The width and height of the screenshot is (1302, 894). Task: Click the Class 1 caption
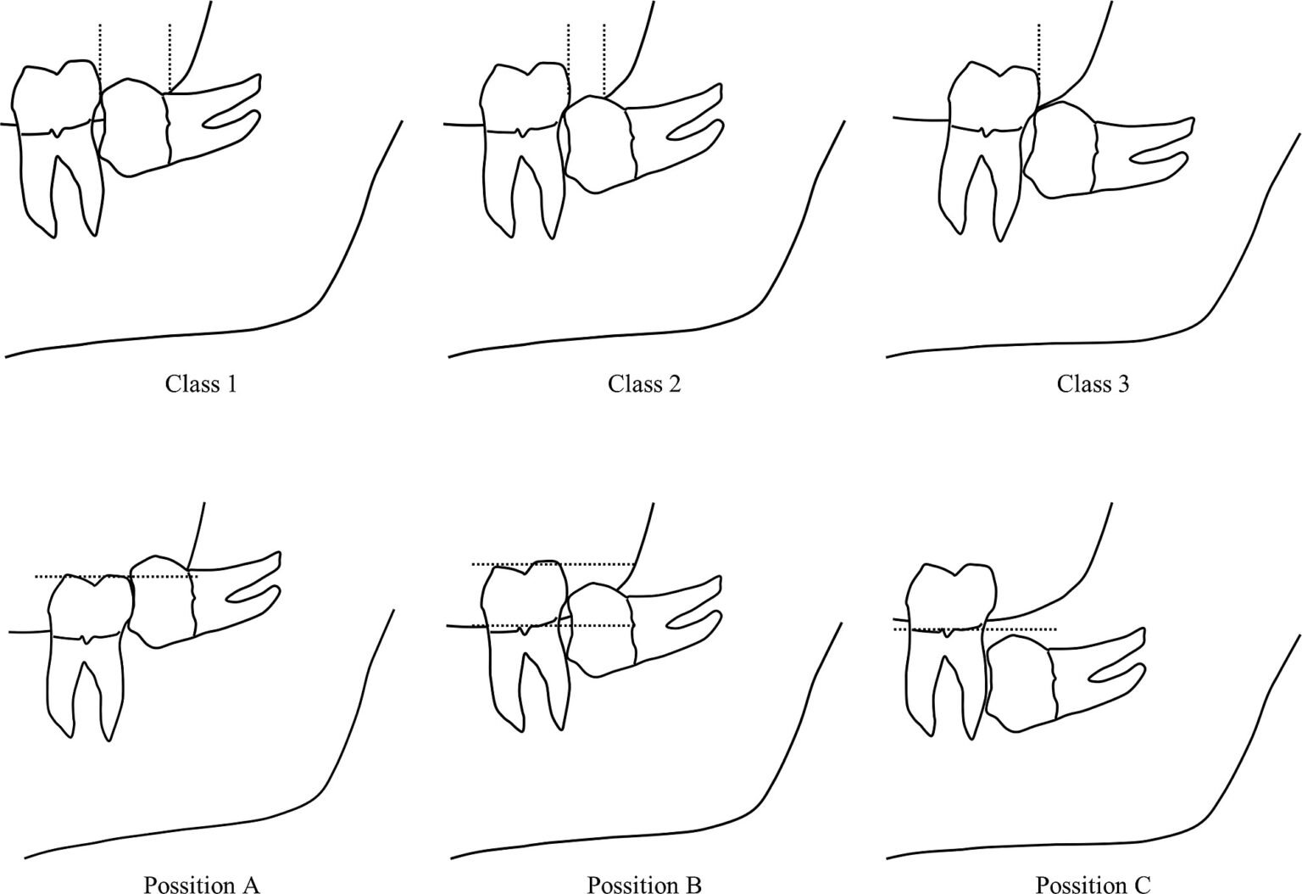[x=201, y=384]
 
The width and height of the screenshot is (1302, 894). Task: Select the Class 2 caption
[x=644, y=384]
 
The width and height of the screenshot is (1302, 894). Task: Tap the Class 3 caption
[x=1093, y=384]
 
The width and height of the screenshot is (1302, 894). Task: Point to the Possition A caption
[x=201, y=885]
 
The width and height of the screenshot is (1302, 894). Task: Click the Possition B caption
[x=644, y=885]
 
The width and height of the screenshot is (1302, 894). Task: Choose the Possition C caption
[x=1093, y=885]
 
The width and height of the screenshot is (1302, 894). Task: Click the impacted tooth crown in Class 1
[x=135, y=128]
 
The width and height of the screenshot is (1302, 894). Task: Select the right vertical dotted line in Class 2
[x=604, y=60]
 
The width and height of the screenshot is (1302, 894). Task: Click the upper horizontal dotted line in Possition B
[x=553, y=564]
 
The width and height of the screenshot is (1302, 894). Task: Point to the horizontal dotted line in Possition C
[x=976, y=629]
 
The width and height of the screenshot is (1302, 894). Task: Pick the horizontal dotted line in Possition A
[x=116, y=577]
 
